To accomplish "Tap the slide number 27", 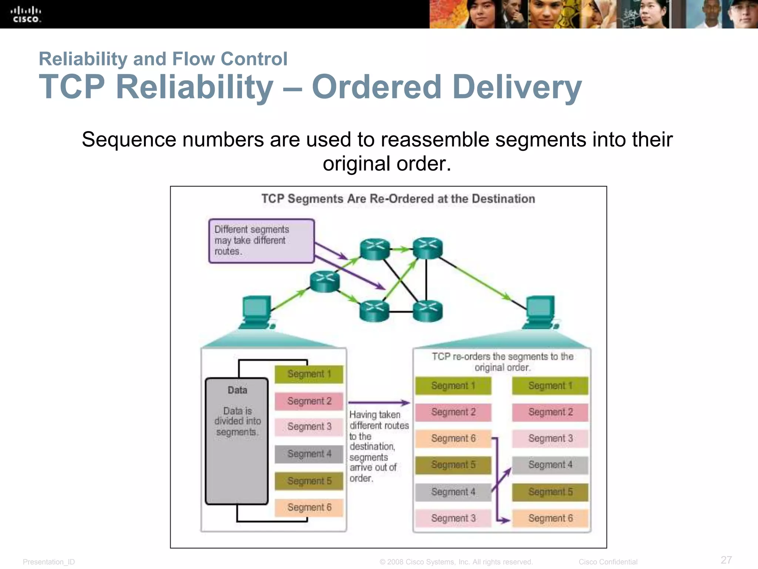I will (726, 560).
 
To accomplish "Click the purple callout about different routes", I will (261, 241).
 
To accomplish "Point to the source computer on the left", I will (256, 312).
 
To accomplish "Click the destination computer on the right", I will (541, 312).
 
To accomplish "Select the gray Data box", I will (237, 441).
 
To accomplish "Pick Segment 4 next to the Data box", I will (309, 454).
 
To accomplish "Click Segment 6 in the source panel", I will (309, 507).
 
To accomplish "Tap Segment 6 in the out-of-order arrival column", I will (453, 439).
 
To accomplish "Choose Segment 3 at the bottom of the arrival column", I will (453, 518).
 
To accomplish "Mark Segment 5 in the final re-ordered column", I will (550, 492).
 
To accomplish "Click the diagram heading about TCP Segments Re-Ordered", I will (398, 199).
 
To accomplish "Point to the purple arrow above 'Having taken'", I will (379, 402).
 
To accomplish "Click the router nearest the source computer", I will (325, 282).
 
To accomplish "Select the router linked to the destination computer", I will (427, 248).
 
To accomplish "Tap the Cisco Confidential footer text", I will (608, 562).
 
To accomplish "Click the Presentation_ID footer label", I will (48, 562).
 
